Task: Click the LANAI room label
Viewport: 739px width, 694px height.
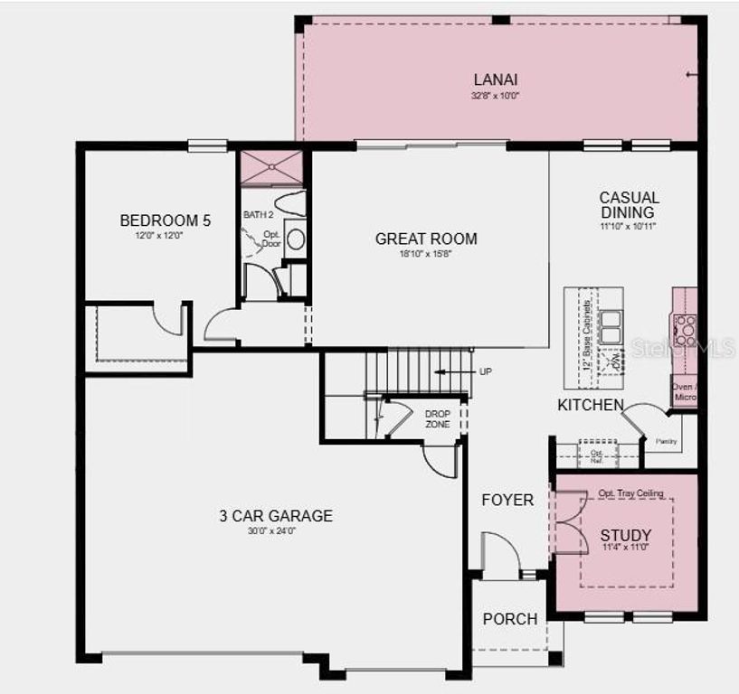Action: pyautogui.click(x=495, y=79)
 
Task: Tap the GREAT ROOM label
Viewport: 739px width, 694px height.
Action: pyautogui.click(x=426, y=239)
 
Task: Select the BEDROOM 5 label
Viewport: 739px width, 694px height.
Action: pyautogui.click(x=166, y=220)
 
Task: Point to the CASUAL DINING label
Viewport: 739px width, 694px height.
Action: pyautogui.click(x=629, y=204)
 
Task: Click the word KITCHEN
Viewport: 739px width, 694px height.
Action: pyautogui.click(x=590, y=405)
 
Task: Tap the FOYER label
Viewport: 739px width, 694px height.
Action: pyautogui.click(x=507, y=500)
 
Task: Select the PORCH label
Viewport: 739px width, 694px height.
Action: pyautogui.click(x=509, y=619)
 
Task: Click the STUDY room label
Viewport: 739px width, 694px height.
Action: pyautogui.click(x=625, y=536)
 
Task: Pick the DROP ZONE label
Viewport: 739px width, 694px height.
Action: pyautogui.click(x=438, y=419)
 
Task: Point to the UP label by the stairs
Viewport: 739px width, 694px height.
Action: pyautogui.click(x=486, y=371)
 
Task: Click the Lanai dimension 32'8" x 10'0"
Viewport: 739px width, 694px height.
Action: pyautogui.click(x=495, y=95)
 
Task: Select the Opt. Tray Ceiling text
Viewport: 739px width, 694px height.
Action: pyautogui.click(x=630, y=493)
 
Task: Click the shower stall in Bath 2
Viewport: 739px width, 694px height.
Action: pyautogui.click(x=270, y=168)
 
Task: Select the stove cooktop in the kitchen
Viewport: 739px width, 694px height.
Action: pyautogui.click(x=685, y=331)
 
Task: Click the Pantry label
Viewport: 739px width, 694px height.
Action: pyautogui.click(x=667, y=442)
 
